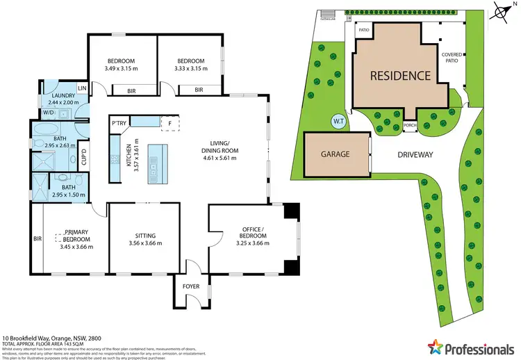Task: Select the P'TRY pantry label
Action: coord(119,123)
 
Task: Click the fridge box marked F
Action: coord(170,123)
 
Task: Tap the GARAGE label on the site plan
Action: coord(336,154)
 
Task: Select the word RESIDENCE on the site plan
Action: coord(399,75)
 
